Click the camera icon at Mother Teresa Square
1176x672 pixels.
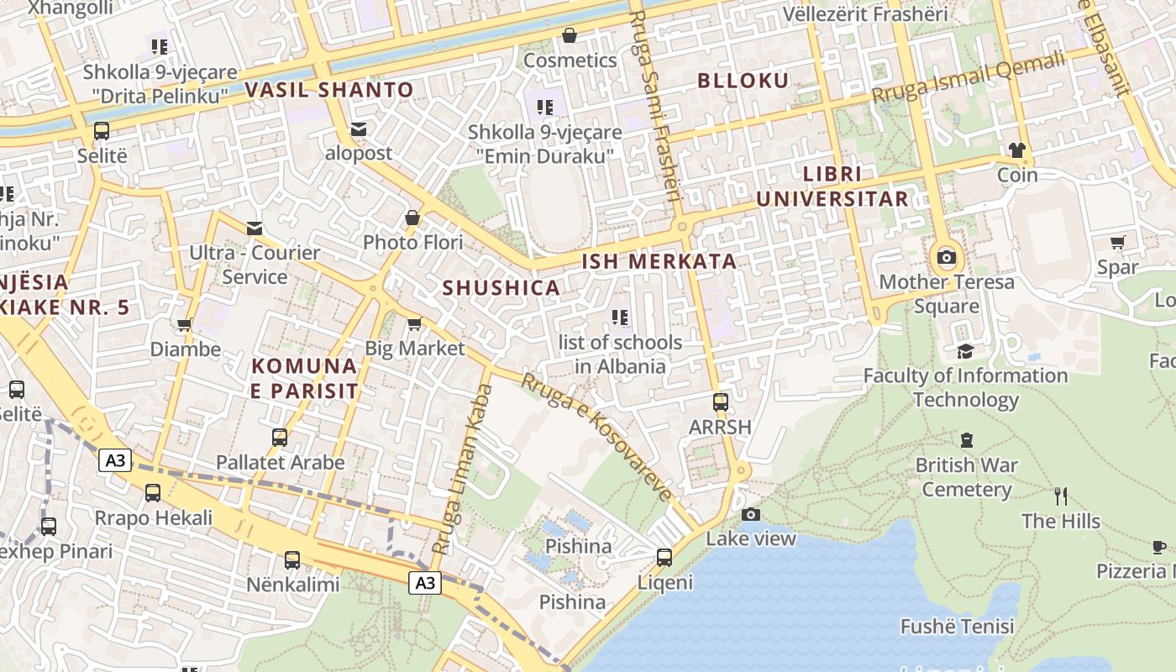coord(947,257)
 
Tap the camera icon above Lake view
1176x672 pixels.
coord(751,514)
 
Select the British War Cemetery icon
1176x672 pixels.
coord(967,440)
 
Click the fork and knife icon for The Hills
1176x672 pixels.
coord(1061,496)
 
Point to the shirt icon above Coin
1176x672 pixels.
coord(1017,150)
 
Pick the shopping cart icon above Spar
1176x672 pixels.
coord(1117,243)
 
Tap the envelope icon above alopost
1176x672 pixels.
coord(359,129)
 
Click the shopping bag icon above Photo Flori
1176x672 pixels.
coord(412,218)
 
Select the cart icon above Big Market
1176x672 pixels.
coord(414,323)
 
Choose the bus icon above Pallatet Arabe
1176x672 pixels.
coord(280,438)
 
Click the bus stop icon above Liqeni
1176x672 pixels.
coord(664,557)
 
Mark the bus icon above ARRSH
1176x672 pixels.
coord(720,402)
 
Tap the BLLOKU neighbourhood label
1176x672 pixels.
coord(743,81)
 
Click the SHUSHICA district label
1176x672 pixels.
coord(501,288)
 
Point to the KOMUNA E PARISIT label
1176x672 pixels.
coord(305,379)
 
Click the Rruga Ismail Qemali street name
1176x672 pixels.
coord(968,78)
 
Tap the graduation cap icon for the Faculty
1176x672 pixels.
coord(965,351)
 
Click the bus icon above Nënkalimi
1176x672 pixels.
coord(292,559)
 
